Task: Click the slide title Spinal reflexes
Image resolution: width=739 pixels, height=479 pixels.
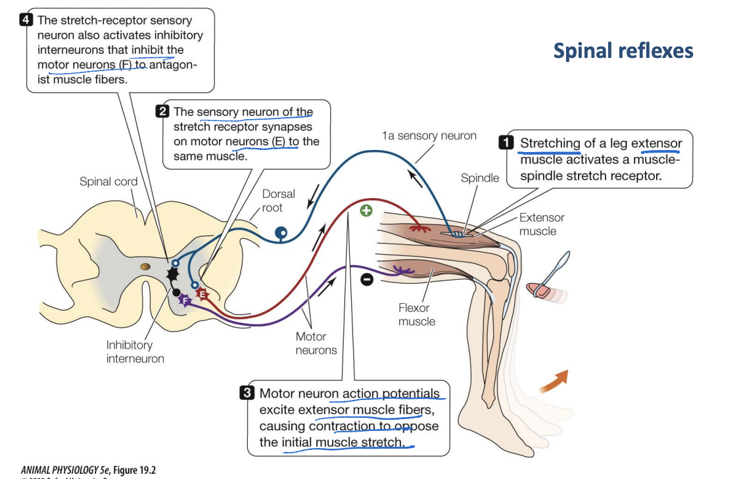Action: click(623, 50)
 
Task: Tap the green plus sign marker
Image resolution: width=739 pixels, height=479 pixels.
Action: click(366, 211)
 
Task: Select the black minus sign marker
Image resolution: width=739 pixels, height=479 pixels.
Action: click(367, 280)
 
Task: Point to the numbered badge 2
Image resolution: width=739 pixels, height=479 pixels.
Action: click(162, 112)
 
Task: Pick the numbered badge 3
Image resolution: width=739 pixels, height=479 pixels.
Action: click(247, 393)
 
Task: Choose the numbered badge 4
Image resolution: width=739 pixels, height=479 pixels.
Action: click(26, 19)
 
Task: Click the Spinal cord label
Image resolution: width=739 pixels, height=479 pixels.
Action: click(108, 182)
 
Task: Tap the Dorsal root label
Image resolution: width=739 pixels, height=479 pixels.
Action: click(278, 201)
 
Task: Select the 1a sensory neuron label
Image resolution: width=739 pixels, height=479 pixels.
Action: click(429, 136)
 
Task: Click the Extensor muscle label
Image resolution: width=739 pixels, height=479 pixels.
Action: click(541, 224)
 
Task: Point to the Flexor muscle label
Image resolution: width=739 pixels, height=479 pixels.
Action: click(416, 314)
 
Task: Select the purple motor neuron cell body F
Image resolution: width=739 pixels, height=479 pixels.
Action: click(186, 300)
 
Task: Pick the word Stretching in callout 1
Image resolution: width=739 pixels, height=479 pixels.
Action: click(550, 143)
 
